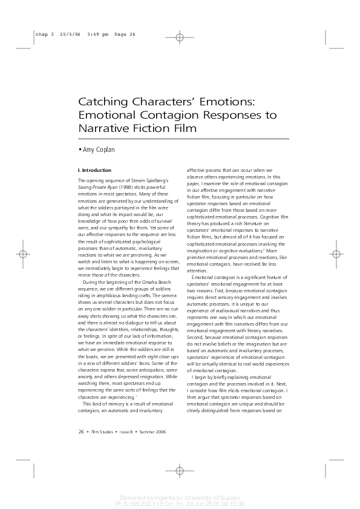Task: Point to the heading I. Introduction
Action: coord(94,171)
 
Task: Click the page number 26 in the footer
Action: coord(81,432)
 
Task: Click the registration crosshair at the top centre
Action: coord(180,38)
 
